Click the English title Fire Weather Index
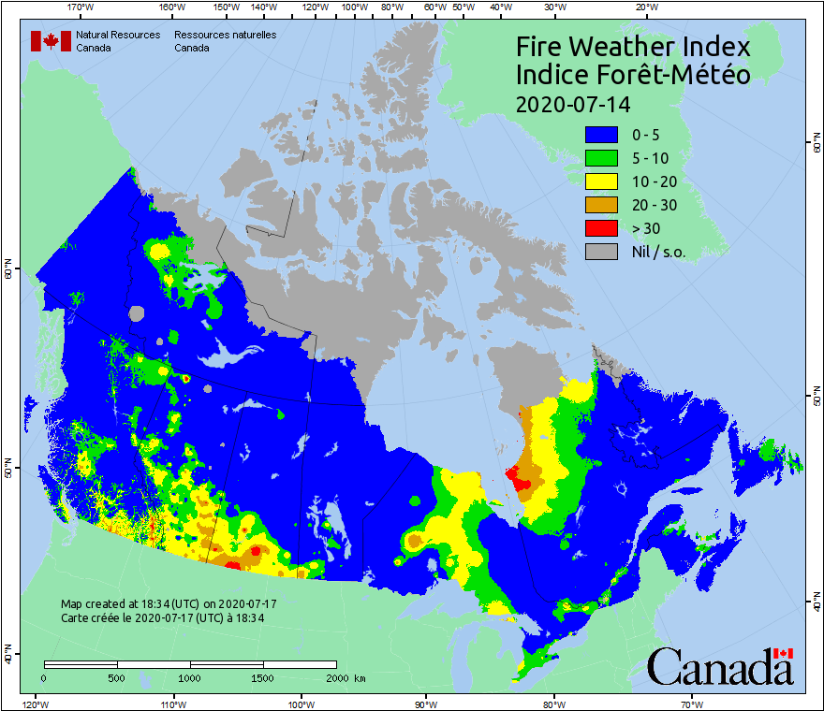coord(633,47)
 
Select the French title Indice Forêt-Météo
coord(633,76)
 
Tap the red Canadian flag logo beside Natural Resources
coord(51,41)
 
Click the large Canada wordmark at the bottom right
coord(720,667)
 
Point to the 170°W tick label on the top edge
coord(81,7)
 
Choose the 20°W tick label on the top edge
coord(645,7)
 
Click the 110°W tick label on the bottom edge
coord(171,704)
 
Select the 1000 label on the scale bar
coord(190,678)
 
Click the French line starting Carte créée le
coord(162,617)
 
